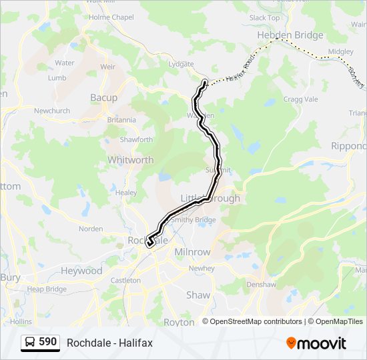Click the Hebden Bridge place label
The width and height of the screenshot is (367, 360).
(290, 35)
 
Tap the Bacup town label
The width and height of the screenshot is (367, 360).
(103, 97)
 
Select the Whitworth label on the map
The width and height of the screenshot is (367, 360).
(130, 160)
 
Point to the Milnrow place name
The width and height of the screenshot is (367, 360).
(192, 253)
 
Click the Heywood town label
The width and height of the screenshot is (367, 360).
(81, 271)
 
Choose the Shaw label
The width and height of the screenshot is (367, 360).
(198, 295)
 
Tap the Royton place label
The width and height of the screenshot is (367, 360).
(179, 322)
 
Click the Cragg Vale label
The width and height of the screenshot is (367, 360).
(302, 99)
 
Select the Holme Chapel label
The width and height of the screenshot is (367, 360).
(110, 17)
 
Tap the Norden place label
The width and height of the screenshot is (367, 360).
(91, 229)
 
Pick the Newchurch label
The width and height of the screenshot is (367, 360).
(52, 111)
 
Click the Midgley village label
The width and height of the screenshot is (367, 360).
(341, 51)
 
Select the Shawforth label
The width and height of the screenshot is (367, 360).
(136, 139)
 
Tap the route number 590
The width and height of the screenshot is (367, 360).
(47, 342)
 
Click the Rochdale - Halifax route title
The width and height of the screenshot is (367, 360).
(109, 343)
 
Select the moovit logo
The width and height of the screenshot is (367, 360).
(316, 343)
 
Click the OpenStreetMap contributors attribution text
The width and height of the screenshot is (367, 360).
(256, 321)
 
